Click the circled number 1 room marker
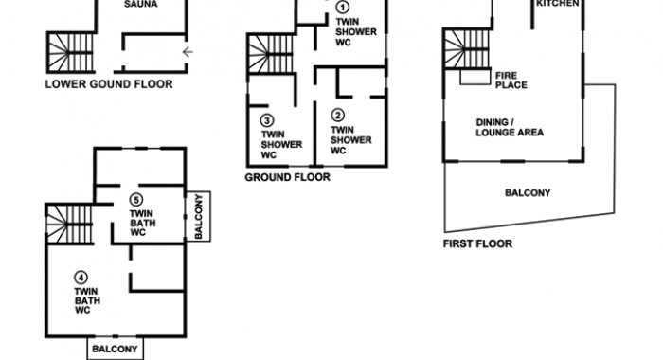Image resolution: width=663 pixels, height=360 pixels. point(343,8)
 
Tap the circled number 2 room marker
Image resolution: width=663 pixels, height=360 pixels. point(337,115)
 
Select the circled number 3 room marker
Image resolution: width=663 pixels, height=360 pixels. point(266,120)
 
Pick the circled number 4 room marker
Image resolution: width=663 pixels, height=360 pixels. point(81,278)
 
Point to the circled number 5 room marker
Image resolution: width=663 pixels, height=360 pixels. point(135,200)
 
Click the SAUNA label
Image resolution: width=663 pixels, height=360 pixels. point(141,4)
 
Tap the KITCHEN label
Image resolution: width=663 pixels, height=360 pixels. point(558,4)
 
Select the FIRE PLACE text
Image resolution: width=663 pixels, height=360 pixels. point(511,81)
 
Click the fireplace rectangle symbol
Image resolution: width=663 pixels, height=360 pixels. point(475,77)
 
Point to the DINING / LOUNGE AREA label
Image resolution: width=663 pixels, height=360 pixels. point(510,127)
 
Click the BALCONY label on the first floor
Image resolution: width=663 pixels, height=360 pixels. point(528,193)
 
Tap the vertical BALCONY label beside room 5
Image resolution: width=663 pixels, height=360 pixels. point(198,216)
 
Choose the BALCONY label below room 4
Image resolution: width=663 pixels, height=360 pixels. point(115,349)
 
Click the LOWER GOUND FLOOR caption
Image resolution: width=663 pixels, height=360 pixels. point(109,84)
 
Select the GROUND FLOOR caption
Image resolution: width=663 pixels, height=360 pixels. point(288,177)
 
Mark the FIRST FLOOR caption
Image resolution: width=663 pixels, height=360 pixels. point(477,243)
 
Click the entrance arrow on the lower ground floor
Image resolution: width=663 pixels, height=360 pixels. point(188,52)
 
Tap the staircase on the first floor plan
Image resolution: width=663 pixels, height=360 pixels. point(467,48)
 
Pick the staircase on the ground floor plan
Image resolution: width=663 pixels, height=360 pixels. point(271,54)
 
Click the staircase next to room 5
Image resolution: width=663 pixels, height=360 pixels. point(69,225)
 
